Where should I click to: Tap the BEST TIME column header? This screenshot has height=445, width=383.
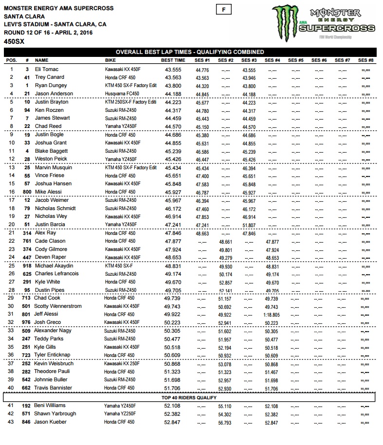173,60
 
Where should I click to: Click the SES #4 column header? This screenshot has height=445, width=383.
272,60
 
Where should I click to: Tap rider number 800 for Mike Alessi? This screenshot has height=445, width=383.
27,192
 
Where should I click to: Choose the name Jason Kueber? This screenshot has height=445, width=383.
50,422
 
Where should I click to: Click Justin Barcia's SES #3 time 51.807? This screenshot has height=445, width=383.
249,225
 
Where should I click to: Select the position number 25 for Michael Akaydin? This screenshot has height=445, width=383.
10,266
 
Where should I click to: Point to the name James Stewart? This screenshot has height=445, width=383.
49,118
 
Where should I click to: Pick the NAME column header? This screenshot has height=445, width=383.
42,60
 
